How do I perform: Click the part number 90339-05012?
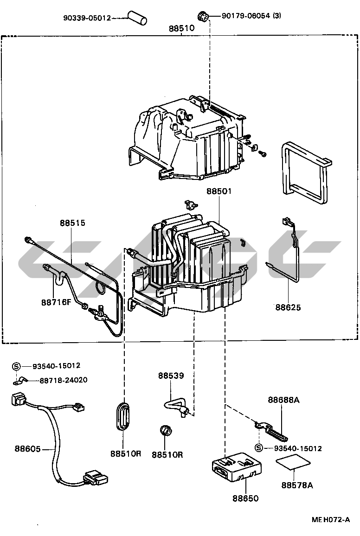87,18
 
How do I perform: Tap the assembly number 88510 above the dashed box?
181,28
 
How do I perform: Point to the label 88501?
219,191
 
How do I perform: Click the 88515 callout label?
72,223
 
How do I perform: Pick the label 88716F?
56,302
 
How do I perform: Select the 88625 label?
288,307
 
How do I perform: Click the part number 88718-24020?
64,380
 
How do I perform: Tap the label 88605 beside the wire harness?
27,448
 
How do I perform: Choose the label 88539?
171,375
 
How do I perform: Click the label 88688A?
283,400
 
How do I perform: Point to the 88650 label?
245,498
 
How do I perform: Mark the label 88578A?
297,485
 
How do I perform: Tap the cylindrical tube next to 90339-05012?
137,18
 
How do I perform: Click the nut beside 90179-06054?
203,16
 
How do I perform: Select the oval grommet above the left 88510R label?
123,415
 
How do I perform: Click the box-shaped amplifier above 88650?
237,466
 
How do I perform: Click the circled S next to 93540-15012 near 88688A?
259,448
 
